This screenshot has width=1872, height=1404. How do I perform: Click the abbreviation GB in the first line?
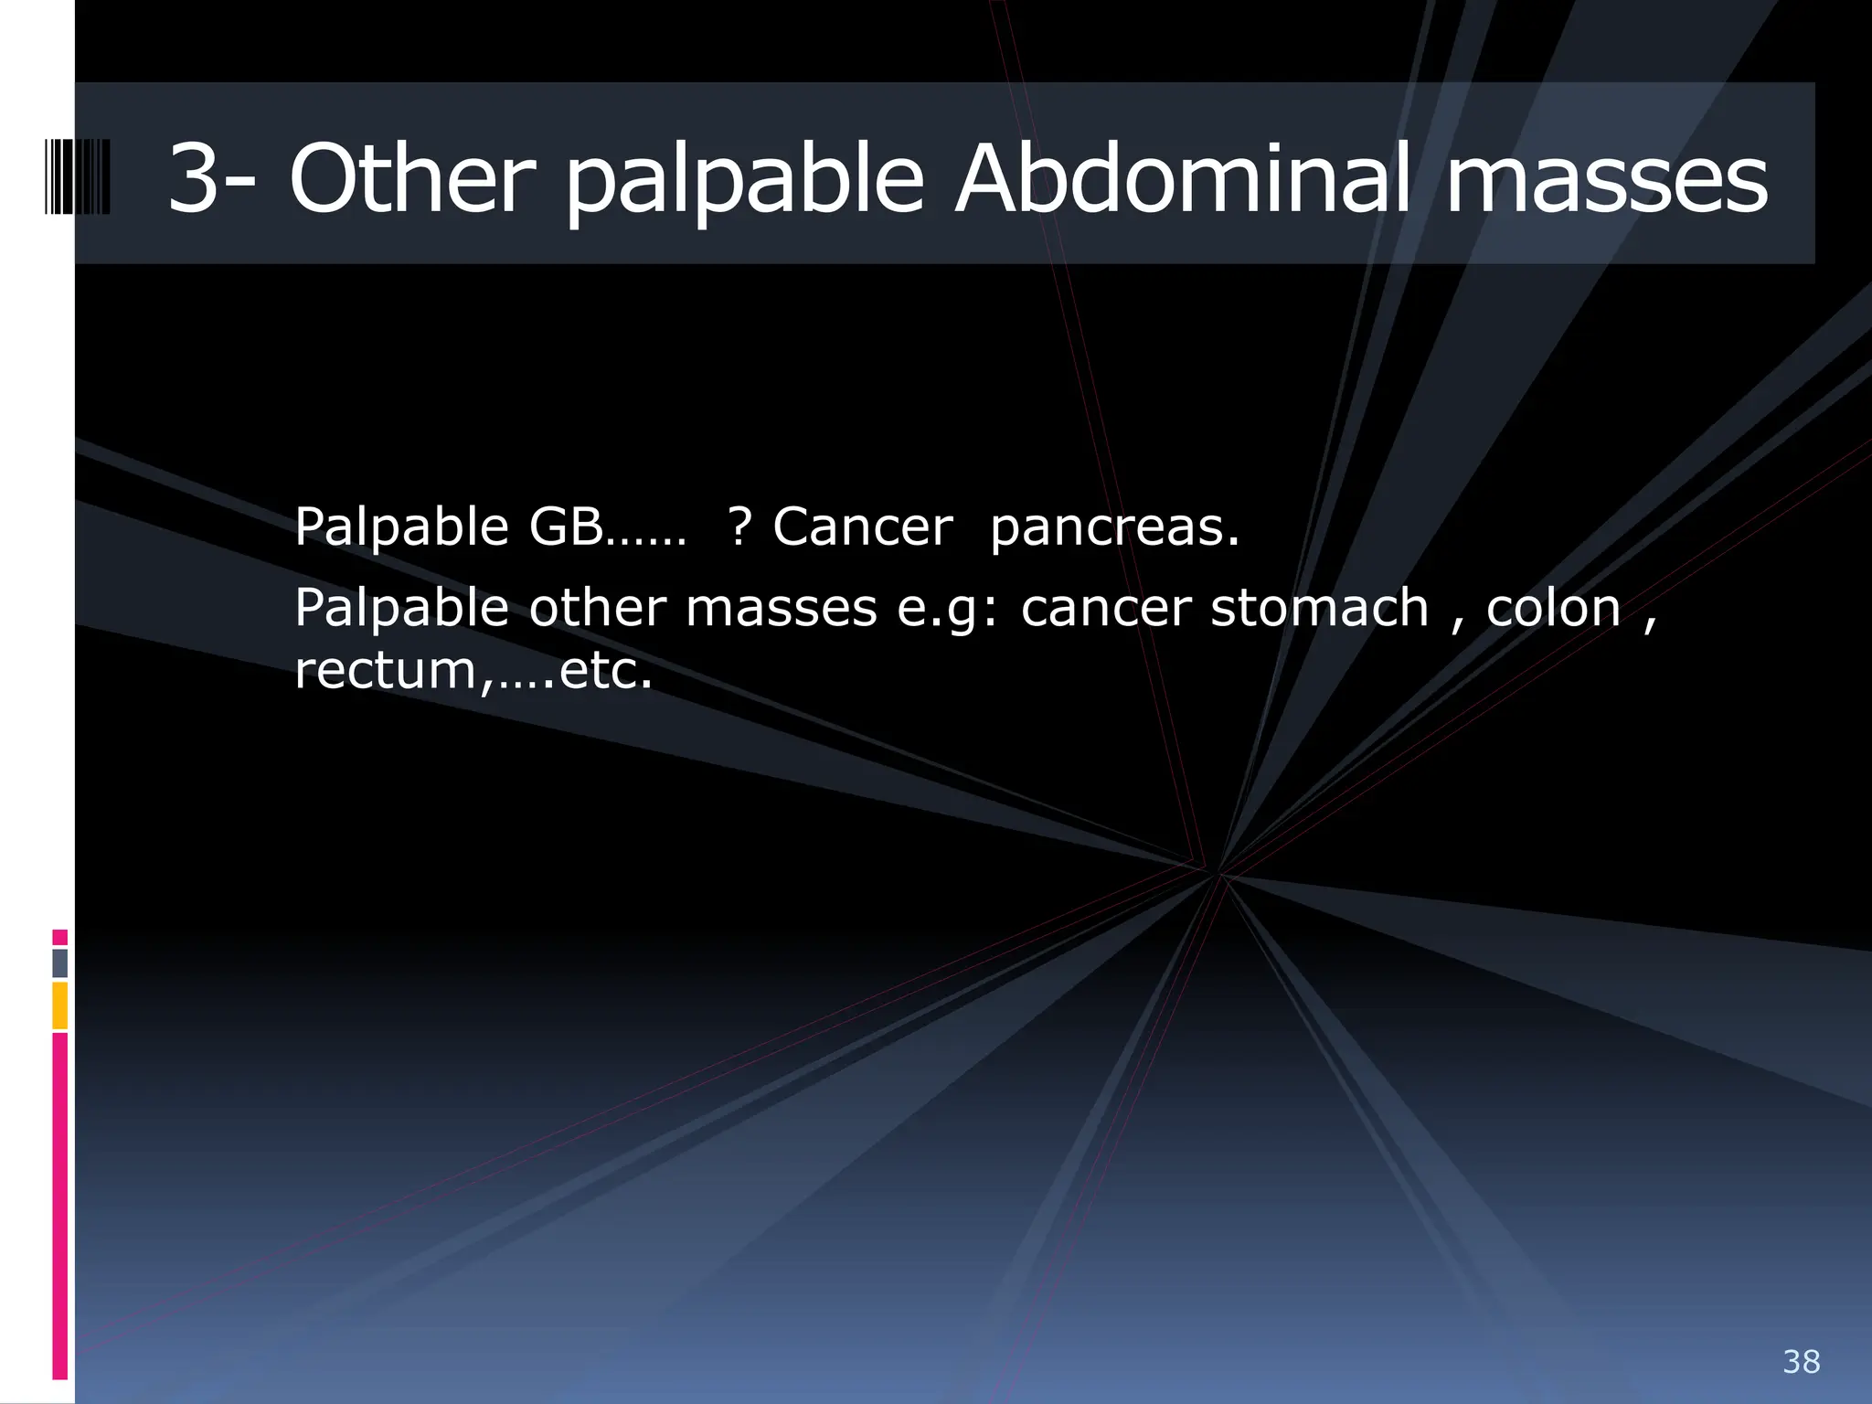tap(566, 527)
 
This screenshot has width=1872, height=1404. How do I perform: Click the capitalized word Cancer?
tap(862, 527)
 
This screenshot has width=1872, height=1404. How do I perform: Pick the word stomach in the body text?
tap(1319, 609)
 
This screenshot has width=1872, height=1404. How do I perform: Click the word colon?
tap(1553, 609)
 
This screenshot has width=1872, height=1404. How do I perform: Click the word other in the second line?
tap(597, 609)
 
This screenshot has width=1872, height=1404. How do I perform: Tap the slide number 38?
tap(1801, 1362)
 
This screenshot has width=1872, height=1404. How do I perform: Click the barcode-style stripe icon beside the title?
tap(78, 176)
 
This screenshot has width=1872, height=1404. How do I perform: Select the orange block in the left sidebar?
tap(60, 1005)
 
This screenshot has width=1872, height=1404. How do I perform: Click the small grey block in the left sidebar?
tap(60, 963)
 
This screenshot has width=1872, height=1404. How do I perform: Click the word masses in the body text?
tap(781, 609)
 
